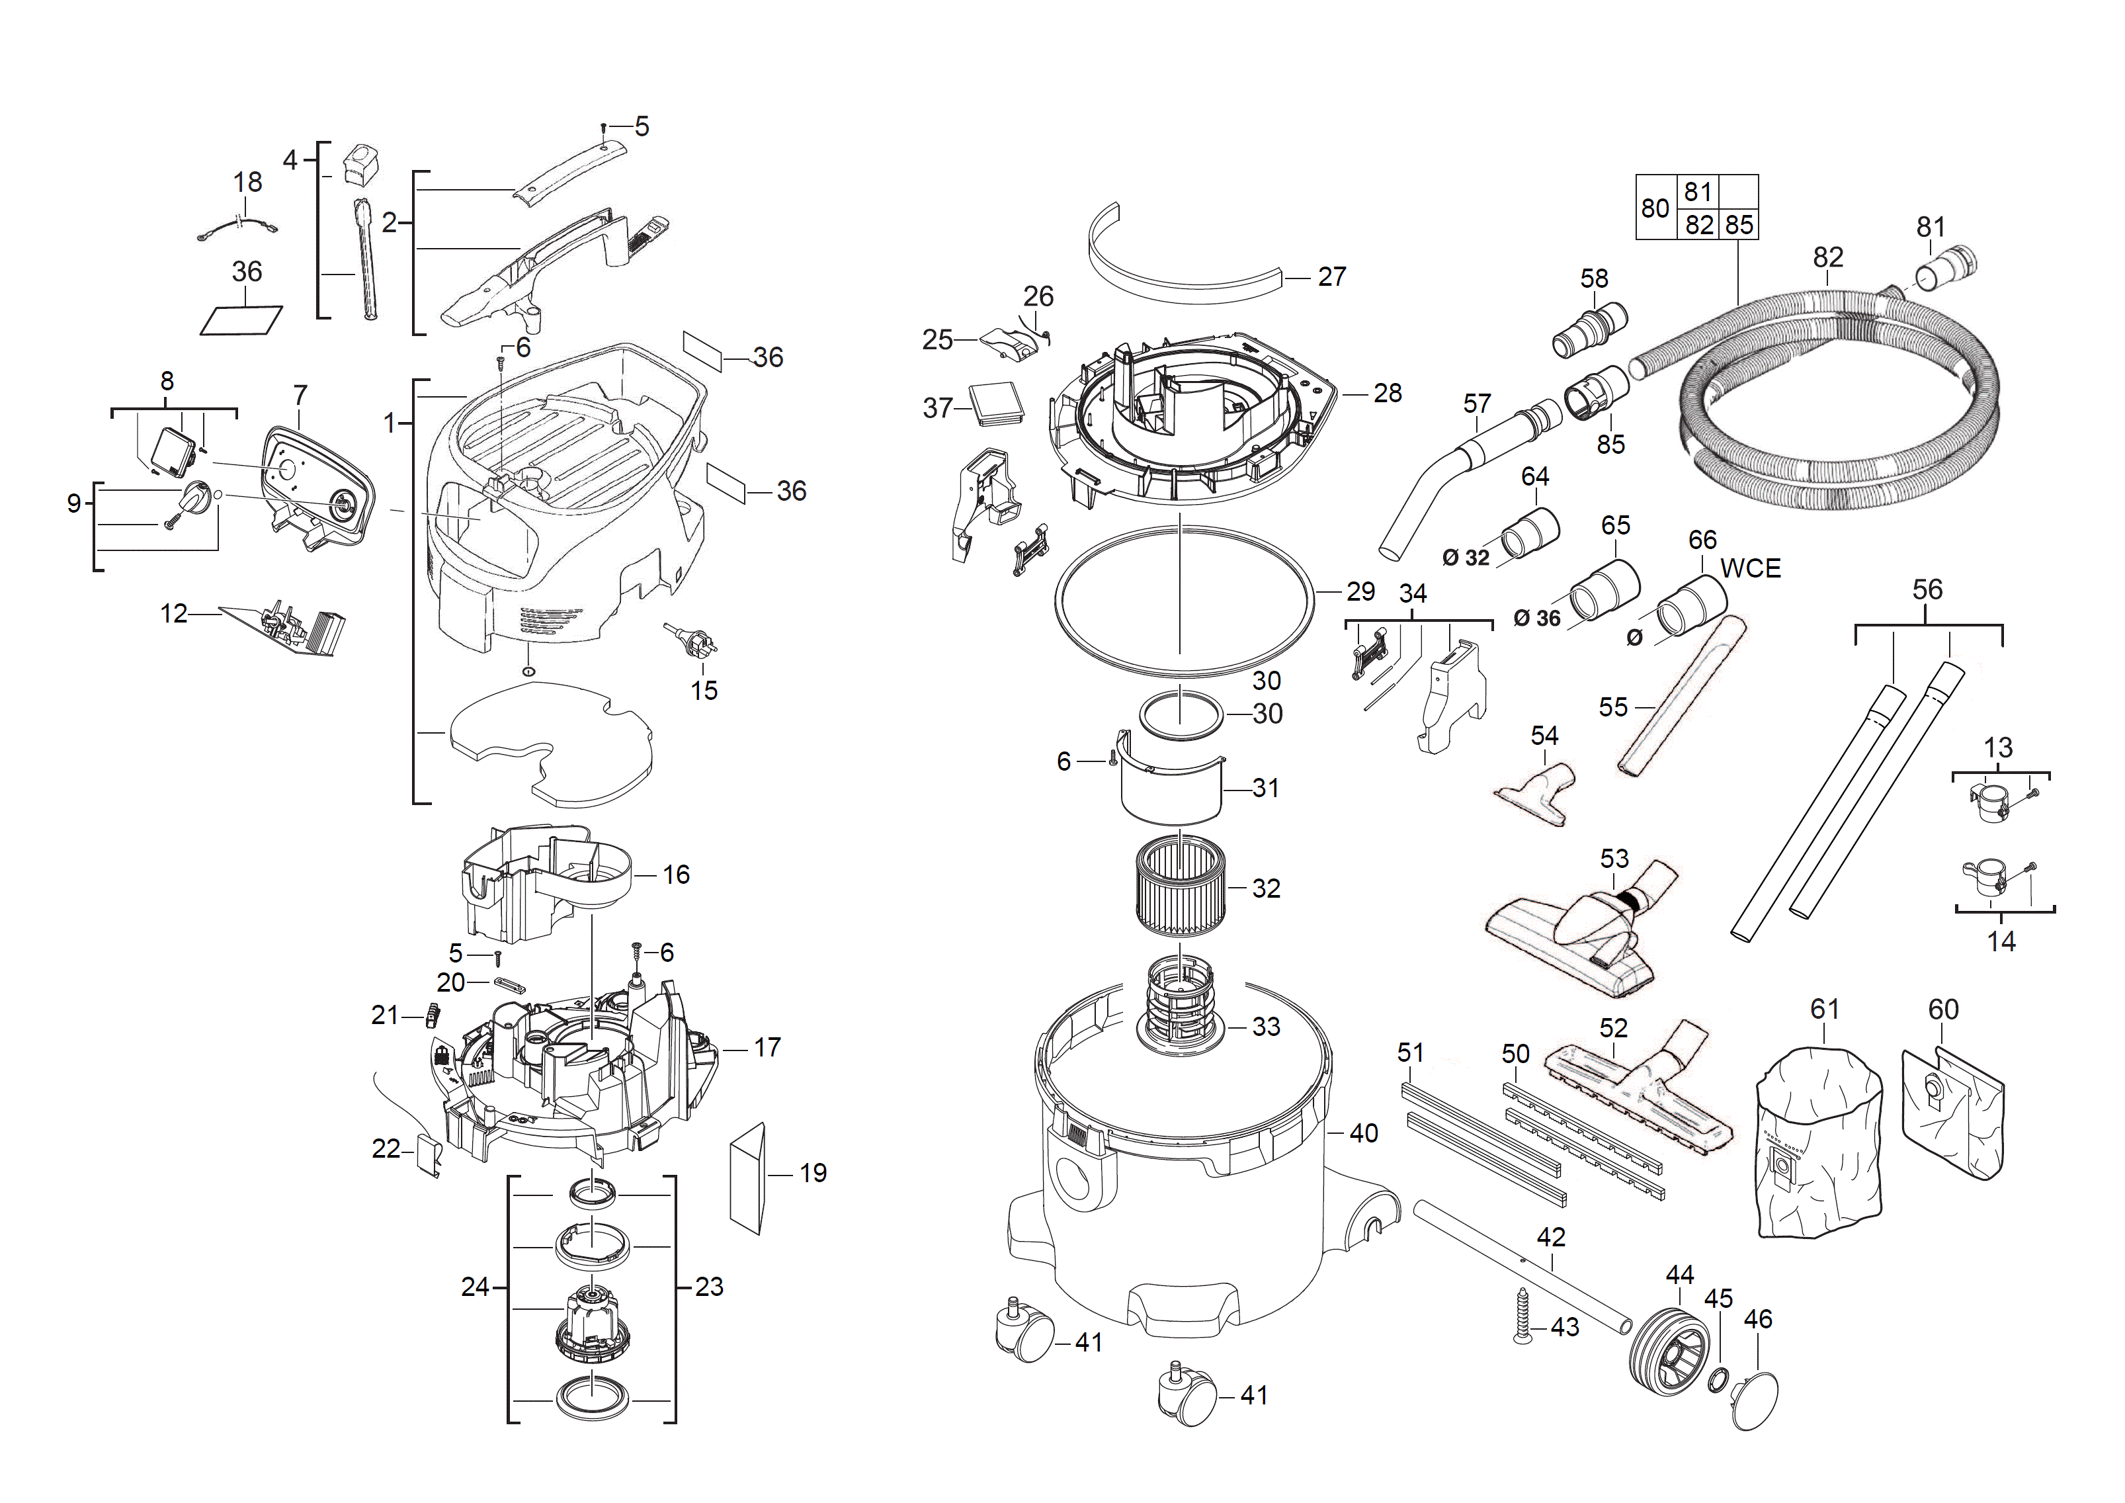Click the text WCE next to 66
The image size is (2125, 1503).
coord(1749,568)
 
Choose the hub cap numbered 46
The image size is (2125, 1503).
coord(1754,1401)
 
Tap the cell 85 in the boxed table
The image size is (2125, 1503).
coord(1738,225)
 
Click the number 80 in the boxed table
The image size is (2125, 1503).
coord(1655,208)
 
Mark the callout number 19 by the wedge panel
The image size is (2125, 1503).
coord(813,1174)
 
